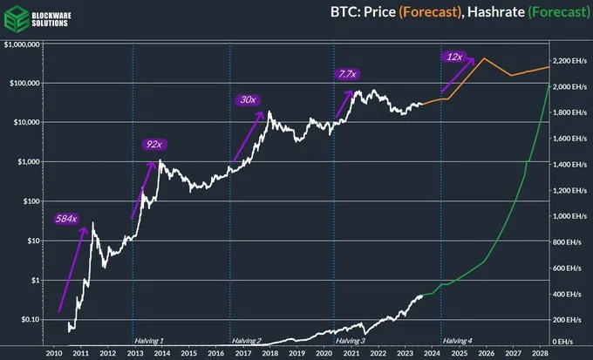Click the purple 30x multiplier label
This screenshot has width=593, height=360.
point(248,100)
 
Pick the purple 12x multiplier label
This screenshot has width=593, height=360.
point(454,57)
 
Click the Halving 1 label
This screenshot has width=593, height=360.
point(149,339)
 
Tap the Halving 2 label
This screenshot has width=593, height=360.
point(247,339)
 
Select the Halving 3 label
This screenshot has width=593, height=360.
point(351,339)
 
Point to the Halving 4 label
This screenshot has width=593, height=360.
point(459,339)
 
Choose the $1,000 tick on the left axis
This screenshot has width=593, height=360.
point(32,162)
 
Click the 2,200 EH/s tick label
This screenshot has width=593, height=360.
point(571,60)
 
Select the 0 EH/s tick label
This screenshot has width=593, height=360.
point(565,343)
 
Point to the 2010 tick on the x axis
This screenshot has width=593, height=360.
point(53,353)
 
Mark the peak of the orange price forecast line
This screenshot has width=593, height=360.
point(483,58)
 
